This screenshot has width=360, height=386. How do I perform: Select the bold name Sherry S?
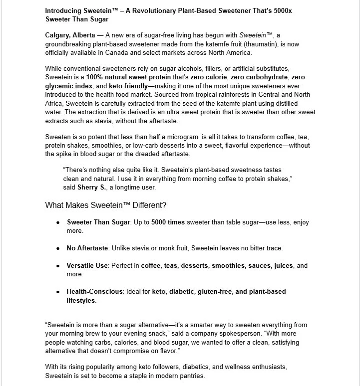[89, 188]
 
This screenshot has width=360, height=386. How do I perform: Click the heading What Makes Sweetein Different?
[106, 205]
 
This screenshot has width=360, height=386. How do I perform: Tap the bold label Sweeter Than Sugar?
[98, 222]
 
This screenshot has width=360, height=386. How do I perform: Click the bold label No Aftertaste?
[87, 248]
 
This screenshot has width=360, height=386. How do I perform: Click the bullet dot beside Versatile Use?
[58, 266]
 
